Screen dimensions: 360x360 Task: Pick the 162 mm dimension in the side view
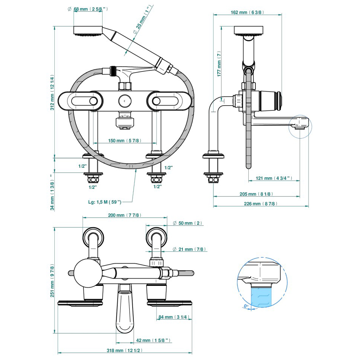[x=246, y=12]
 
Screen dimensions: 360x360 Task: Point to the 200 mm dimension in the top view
[x=124, y=215]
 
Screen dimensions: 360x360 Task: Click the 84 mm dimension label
[x=175, y=317]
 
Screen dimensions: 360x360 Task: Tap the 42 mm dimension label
[x=154, y=341]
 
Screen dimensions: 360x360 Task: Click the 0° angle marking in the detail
[x=246, y=306]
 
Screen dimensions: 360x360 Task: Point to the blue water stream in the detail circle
[x=261, y=296]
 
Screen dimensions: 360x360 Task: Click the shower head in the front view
[x=88, y=30]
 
